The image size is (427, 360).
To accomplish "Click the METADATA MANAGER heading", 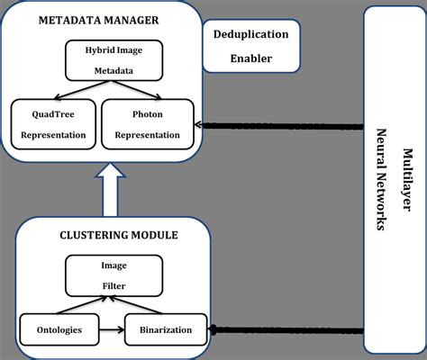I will click(x=98, y=21).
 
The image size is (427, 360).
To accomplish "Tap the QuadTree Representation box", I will click(x=51, y=125).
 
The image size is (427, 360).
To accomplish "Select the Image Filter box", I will click(x=114, y=275).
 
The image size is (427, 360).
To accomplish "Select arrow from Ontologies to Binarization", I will click(x=109, y=329).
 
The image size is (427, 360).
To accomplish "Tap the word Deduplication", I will click(x=250, y=34).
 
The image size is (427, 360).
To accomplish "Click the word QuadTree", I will click(x=51, y=115).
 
